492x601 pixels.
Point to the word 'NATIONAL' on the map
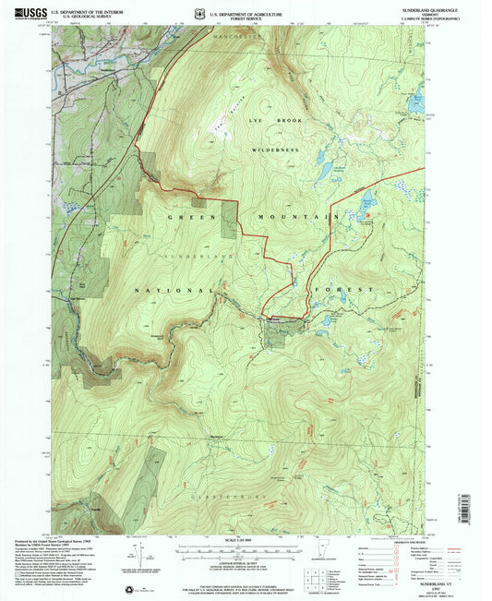tap(159, 289)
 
